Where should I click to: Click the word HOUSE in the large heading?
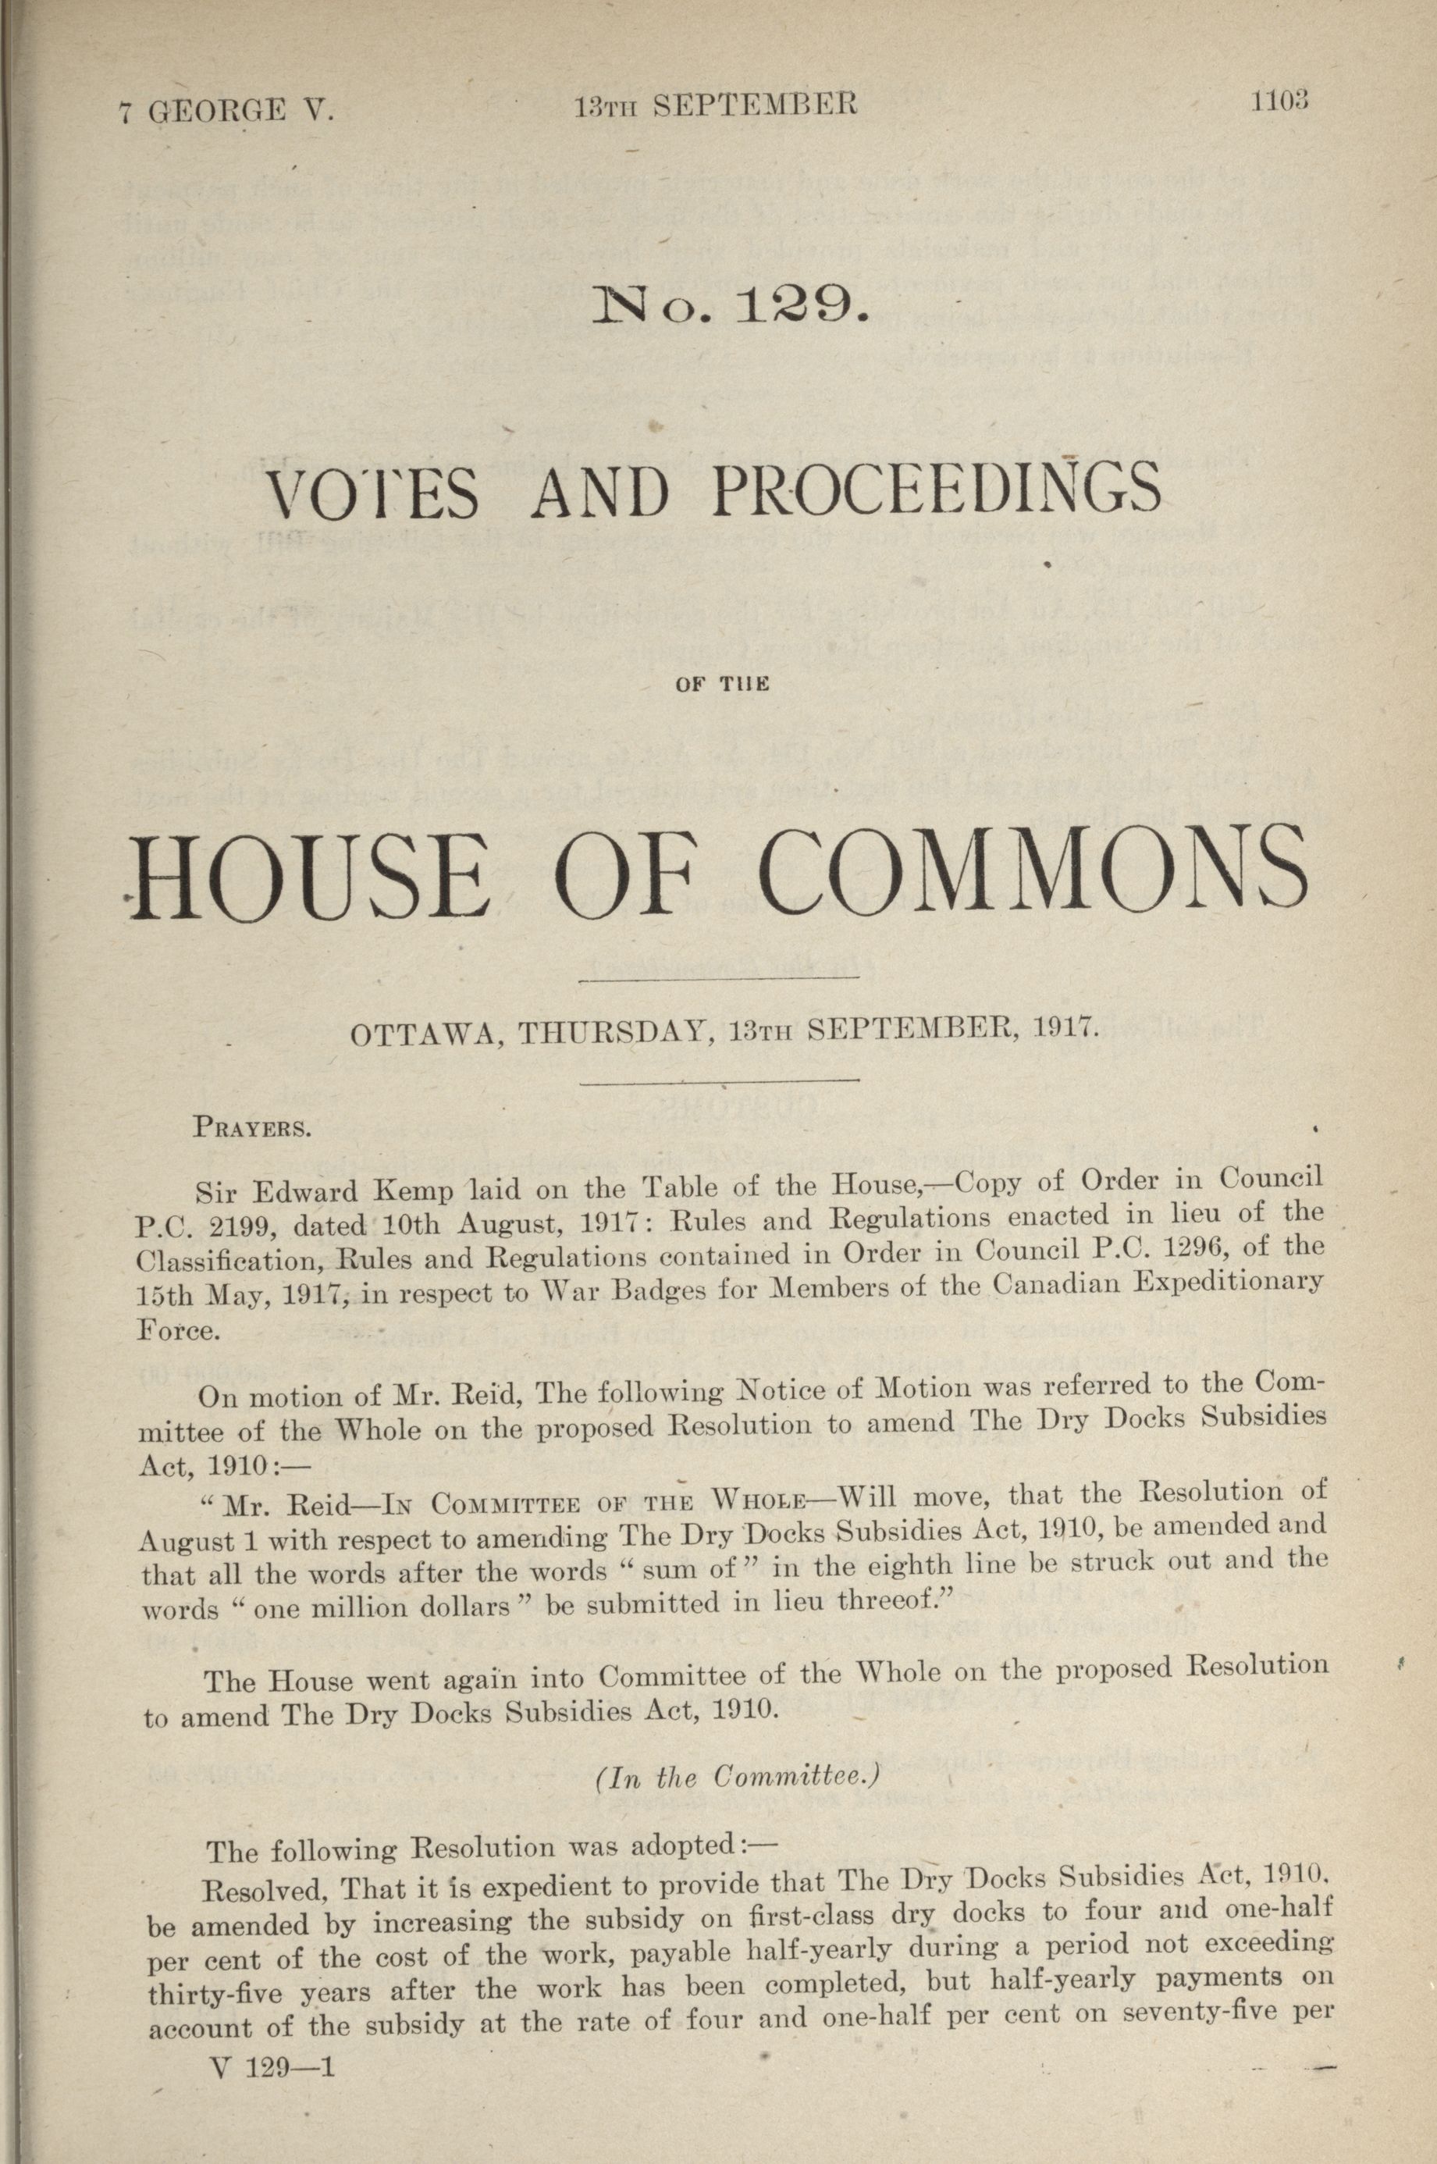point(314,872)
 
